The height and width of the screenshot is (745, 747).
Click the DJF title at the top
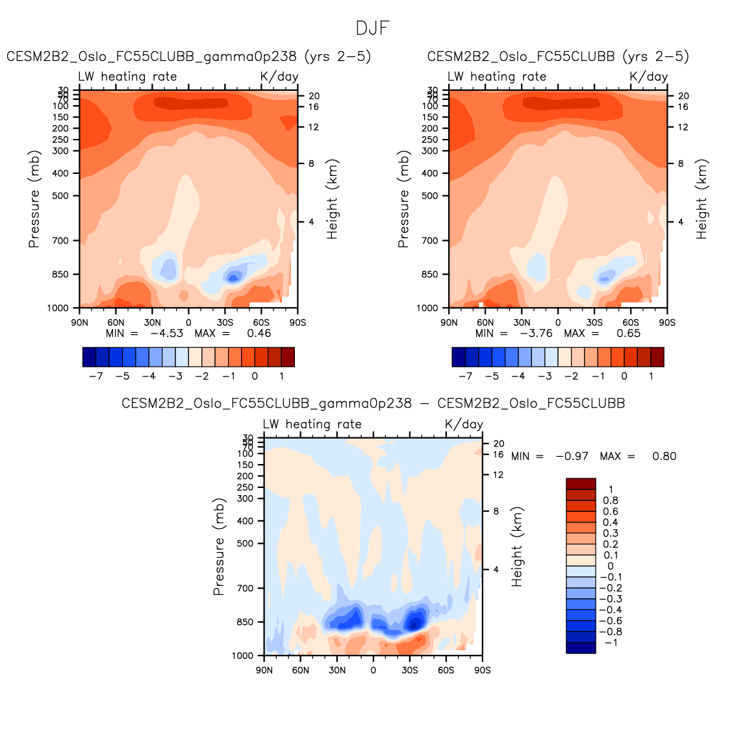coord(373,29)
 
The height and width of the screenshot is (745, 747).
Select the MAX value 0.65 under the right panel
coord(628,334)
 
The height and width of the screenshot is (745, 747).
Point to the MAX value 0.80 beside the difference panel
coord(664,456)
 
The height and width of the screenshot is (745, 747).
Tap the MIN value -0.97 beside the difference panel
coord(572,456)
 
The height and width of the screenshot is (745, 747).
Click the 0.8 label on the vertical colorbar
coord(611,500)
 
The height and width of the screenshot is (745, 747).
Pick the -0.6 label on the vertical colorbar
coord(611,620)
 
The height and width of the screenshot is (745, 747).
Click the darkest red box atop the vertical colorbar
coord(581,483)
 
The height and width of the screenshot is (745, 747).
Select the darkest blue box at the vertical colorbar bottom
coord(581,648)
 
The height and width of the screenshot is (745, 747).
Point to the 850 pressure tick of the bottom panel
coord(245,622)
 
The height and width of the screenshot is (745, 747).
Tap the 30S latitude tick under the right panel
coord(594,323)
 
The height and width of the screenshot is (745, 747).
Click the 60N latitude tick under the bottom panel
coord(301,670)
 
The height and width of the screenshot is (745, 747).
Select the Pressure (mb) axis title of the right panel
coord(403,199)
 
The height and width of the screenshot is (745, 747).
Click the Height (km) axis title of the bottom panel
coord(517,547)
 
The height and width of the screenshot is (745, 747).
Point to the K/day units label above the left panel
coord(279,77)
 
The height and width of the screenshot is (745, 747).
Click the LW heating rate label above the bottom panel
coord(312,424)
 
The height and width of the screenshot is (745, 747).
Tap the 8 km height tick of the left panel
coord(311,164)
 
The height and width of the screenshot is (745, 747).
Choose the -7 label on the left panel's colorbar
coord(95,376)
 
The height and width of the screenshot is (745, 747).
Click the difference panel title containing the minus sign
coord(373,404)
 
